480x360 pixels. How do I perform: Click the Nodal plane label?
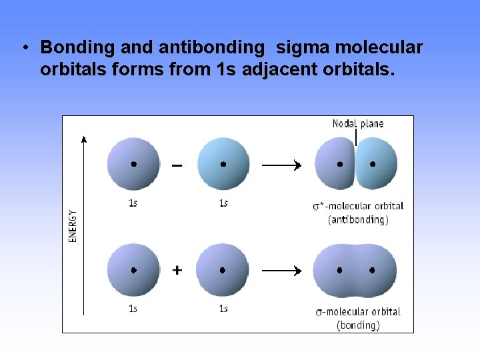(358, 123)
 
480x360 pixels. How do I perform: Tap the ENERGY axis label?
(73, 226)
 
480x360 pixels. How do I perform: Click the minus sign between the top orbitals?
(177, 165)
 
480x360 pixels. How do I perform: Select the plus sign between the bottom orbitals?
(177, 270)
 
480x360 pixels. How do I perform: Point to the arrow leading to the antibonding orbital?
(281, 165)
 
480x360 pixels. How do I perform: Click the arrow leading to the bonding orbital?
(281, 271)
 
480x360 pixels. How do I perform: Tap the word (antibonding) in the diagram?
(358, 219)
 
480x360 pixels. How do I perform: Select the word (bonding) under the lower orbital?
(358, 325)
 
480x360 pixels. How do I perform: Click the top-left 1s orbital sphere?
(134, 164)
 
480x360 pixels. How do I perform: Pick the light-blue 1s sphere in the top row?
(223, 164)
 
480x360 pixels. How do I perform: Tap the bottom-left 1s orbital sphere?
(134, 270)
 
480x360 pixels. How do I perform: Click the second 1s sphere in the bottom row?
(223, 270)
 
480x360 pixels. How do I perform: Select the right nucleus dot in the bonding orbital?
(372, 271)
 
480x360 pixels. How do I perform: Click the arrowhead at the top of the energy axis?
(83, 139)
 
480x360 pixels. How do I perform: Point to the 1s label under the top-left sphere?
(133, 203)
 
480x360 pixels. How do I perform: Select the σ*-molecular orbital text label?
(358, 206)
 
